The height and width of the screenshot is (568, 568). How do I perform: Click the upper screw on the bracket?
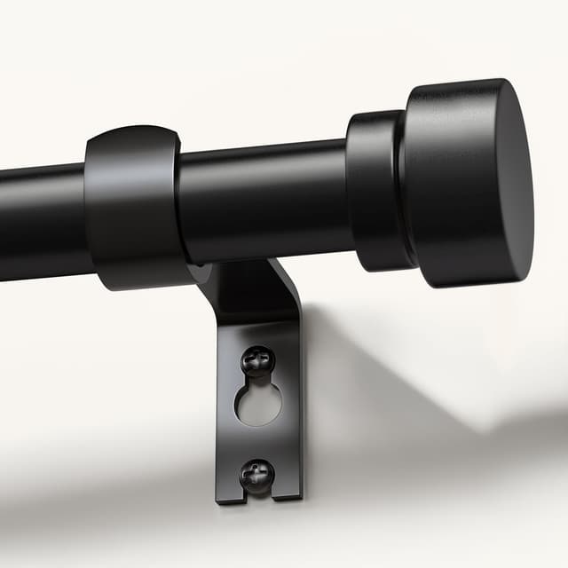(257, 360)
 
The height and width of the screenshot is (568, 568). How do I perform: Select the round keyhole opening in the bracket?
(258, 404)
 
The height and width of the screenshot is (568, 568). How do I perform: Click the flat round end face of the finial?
(513, 183)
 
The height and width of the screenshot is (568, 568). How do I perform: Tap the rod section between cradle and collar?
(266, 200)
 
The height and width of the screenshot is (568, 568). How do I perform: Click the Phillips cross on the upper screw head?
(257, 359)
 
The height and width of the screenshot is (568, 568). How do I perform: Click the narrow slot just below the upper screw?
(257, 380)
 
